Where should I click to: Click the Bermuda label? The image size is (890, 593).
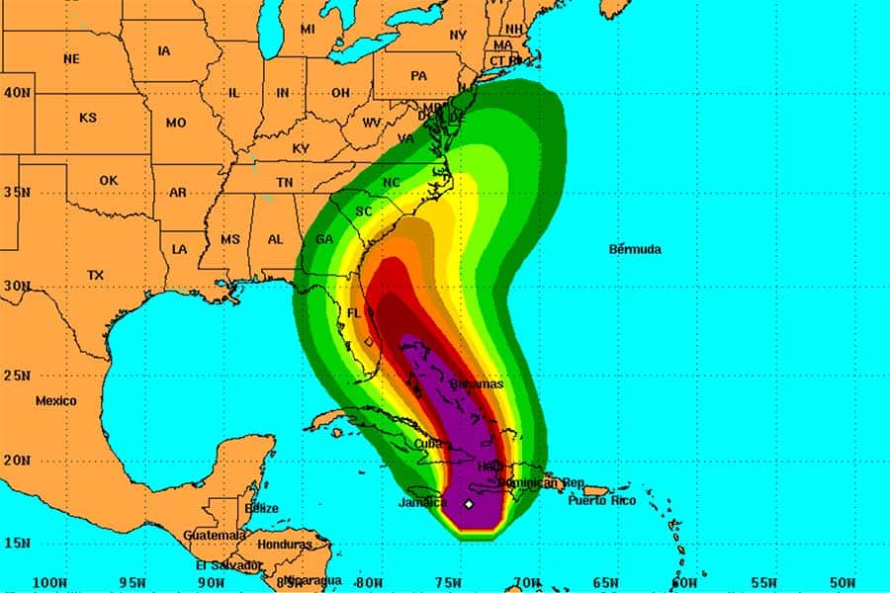tap(634, 249)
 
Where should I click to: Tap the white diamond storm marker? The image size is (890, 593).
tap(469, 504)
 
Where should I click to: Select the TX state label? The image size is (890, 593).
tap(95, 275)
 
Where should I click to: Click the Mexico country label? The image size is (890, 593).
tap(55, 401)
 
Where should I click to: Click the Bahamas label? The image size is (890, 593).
tap(476, 383)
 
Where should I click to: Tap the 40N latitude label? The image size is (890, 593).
tap(16, 92)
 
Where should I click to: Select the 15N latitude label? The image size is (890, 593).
tap(16, 543)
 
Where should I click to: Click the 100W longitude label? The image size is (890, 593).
tap(50, 581)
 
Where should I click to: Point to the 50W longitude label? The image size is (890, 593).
tap(843, 581)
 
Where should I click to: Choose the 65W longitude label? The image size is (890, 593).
tap(605, 581)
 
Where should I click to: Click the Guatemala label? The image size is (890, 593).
tap(215, 535)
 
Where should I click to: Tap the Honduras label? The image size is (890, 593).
tap(284, 545)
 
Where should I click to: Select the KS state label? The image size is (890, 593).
tap(88, 118)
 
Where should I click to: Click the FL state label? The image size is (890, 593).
tap(354, 314)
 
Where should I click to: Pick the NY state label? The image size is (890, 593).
tap(457, 36)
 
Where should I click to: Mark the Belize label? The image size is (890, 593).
tap(263, 508)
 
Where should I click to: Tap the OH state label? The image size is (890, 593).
tap(340, 93)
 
